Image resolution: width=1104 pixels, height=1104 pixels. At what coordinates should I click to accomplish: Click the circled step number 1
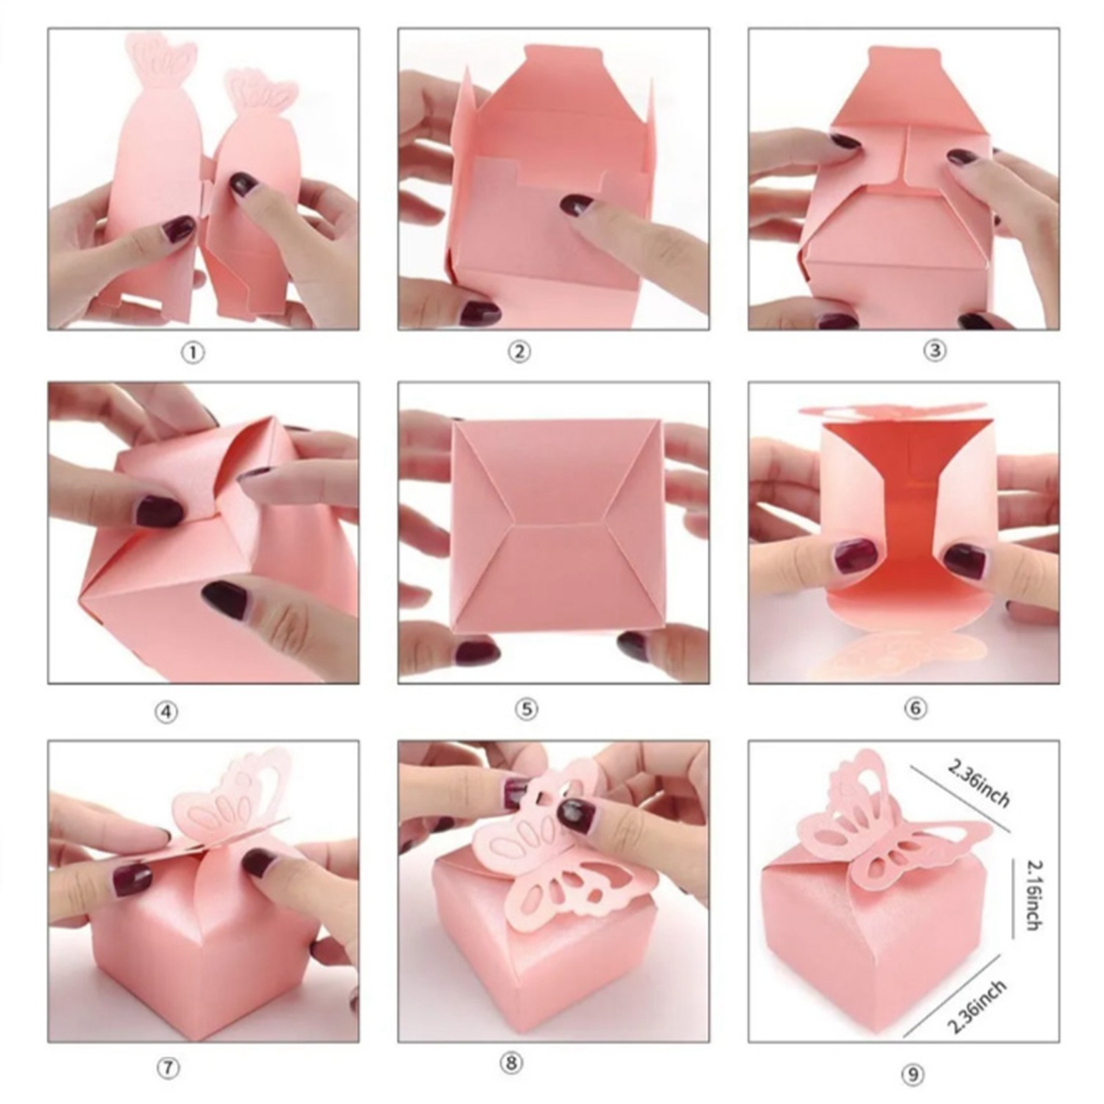(x=193, y=352)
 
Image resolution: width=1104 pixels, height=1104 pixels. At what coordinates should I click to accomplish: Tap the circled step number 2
(x=519, y=352)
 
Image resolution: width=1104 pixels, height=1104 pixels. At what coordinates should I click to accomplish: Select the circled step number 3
(x=934, y=350)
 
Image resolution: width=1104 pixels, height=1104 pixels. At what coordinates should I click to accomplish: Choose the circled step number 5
(x=526, y=709)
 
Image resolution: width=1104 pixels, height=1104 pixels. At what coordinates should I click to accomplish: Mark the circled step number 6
(x=915, y=707)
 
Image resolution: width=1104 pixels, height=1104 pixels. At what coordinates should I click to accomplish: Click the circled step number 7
(x=168, y=1070)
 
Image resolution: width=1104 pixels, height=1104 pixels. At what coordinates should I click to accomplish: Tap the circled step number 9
(x=912, y=1074)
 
